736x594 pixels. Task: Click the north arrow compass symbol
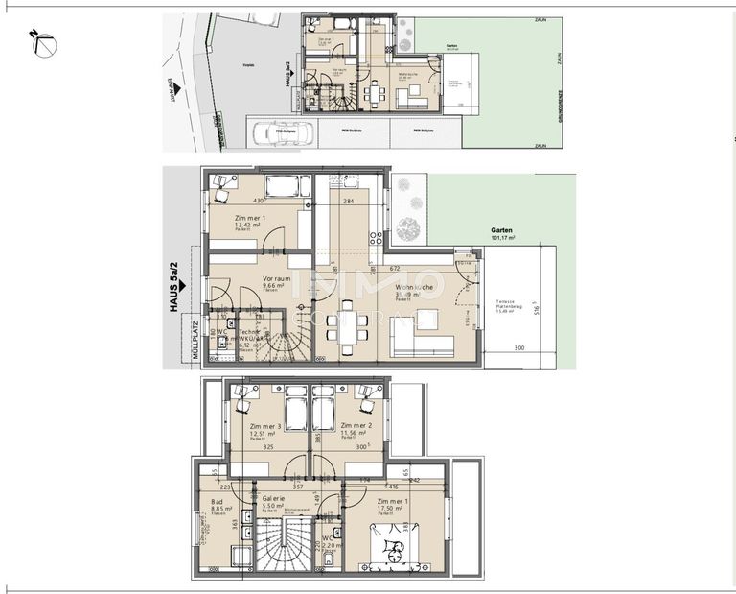(x=42, y=43)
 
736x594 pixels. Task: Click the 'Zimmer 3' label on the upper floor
(x=264, y=430)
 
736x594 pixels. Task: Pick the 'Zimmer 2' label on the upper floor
(x=356, y=430)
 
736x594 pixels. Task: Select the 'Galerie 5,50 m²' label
(x=274, y=503)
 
